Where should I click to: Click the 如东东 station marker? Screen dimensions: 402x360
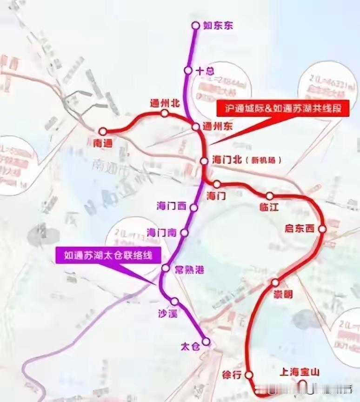[x=196, y=26]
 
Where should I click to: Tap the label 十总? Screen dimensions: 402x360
[x=205, y=71]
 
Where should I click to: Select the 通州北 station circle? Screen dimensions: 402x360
[x=164, y=114]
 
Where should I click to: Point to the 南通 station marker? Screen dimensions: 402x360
[x=103, y=132]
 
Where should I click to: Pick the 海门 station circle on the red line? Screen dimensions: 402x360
[x=217, y=184]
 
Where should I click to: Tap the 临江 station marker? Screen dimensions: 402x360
[x=270, y=196]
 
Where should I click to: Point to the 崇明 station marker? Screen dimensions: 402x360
[x=275, y=282]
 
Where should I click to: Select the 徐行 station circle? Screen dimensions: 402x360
[x=249, y=375]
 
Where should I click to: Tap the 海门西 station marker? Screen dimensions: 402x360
[x=194, y=208]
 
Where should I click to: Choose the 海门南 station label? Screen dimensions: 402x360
[x=161, y=232]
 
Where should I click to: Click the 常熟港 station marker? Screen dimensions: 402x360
[x=165, y=268]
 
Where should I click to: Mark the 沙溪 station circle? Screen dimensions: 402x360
[x=174, y=301]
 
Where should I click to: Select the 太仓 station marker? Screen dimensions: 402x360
[x=206, y=342]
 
